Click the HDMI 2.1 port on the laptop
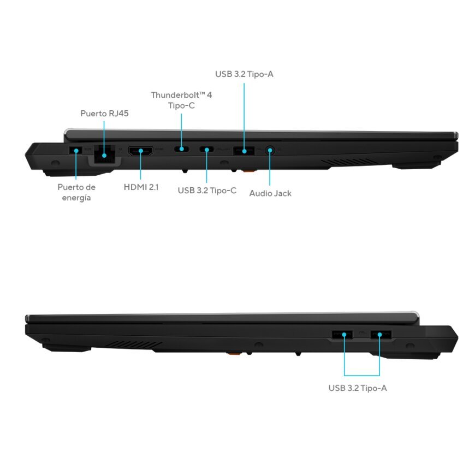click(x=140, y=151)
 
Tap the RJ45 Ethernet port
click(x=104, y=154)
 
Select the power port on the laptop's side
click(x=76, y=151)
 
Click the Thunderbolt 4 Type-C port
click(x=181, y=149)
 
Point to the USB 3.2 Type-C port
click(x=206, y=150)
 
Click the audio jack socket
click(x=270, y=150)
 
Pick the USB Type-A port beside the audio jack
click(x=244, y=151)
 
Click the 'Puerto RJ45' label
click(x=104, y=114)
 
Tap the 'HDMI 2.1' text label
click(x=141, y=187)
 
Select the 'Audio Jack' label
click(x=270, y=193)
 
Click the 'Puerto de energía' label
click(x=76, y=192)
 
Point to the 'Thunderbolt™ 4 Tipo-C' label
click(x=181, y=100)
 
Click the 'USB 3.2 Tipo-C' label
click(x=207, y=191)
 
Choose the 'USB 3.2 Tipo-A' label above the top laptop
click(x=244, y=74)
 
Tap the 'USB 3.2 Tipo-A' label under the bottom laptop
click(x=358, y=388)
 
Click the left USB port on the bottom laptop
click(x=342, y=335)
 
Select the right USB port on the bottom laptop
click(x=381, y=335)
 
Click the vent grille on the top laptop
click(x=348, y=162)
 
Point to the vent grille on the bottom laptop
click(x=134, y=345)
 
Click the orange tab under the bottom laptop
click(x=234, y=353)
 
